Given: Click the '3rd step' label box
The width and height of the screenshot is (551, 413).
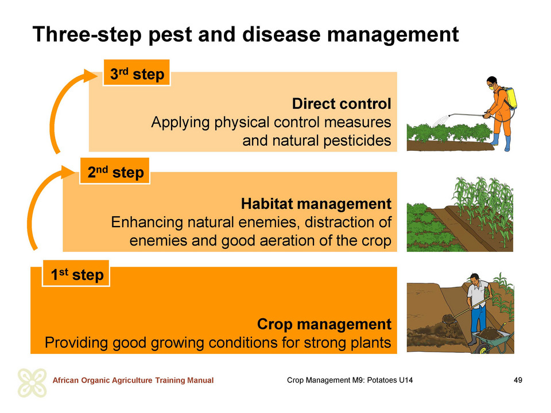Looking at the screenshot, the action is (x=137, y=73).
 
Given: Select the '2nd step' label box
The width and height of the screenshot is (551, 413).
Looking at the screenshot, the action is (x=115, y=172).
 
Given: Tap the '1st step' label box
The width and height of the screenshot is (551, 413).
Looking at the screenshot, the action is (x=76, y=274).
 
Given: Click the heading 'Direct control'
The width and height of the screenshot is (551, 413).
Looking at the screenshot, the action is (x=341, y=104).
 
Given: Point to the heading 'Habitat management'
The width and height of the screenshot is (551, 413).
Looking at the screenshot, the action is (x=316, y=204).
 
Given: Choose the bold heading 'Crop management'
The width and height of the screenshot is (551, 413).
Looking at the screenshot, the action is (x=324, y=324).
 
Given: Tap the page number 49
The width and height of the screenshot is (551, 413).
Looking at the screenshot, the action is (x=518, y=380).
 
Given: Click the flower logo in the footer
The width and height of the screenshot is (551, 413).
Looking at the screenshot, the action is (x=32, y=383).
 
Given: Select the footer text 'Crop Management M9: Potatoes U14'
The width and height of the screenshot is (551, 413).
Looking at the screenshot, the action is (x=350, y=380).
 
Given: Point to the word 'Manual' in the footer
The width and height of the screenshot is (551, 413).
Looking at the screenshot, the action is (x=200, y=380).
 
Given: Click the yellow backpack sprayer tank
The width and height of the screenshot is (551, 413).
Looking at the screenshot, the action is (x=510, y=98).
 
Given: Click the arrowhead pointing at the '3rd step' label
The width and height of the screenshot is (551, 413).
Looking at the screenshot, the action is (x=90, y=76).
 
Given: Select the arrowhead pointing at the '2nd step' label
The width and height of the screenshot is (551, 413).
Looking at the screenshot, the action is (x=68, y=172).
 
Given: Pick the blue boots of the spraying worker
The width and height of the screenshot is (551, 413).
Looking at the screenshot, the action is (x=501, y=142).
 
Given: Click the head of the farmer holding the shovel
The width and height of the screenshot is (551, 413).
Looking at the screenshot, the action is (x=475, y=279).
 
